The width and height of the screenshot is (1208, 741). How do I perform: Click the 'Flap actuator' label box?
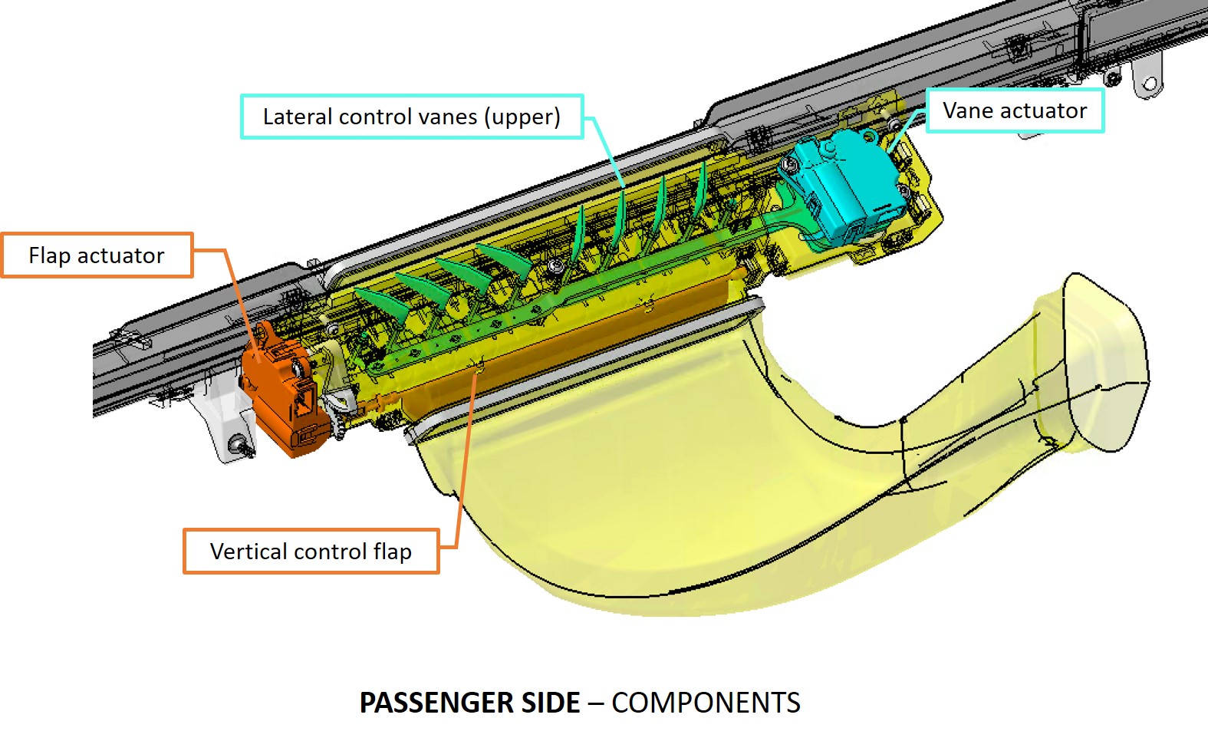tap(97, 255)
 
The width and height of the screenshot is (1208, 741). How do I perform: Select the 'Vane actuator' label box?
tap(1015, 110)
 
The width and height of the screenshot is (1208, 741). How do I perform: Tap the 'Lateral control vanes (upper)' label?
tap(412, 117)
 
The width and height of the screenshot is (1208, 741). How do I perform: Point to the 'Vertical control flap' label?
tap(311, 552)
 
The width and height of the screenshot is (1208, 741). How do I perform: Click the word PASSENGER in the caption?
tap(469, 703)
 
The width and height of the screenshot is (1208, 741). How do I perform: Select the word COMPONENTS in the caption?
tap(706, 703)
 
